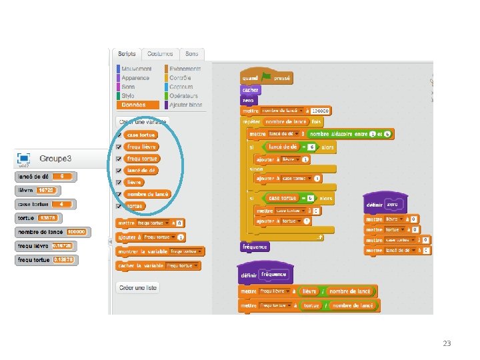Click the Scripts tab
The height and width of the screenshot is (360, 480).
(x=127, y=54)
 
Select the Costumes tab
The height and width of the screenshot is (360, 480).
(x=160, y=54)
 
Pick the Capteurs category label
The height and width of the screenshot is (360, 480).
(x=181, y=87)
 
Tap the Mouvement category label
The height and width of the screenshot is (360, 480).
(x=136, y=69)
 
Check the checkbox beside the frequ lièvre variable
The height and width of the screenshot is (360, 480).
(x=119, y=146)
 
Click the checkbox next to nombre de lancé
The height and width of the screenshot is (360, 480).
(x=119, y=194)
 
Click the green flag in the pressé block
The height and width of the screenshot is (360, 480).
(x=267, y=77)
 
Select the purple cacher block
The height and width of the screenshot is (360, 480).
(x=251, y=89)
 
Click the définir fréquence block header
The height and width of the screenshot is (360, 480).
(x=263, y=274)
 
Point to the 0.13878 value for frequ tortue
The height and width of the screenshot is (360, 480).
(x=63, y=260)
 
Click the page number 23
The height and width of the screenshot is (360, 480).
(x=447, y=343)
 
